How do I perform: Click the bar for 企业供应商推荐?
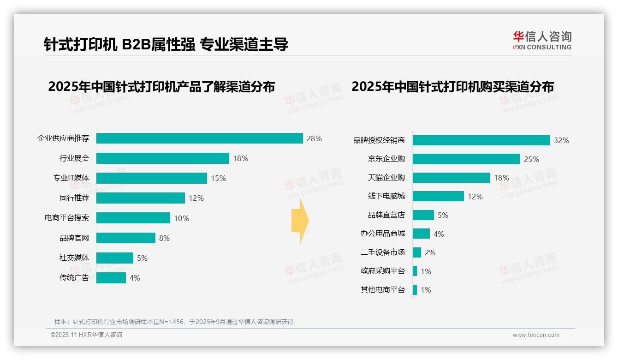[199, 138]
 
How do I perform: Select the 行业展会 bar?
[162, 158]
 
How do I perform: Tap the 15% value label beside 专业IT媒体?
[218, 178]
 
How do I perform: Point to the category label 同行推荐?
[74, 198]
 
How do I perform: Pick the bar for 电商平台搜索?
[133, 218]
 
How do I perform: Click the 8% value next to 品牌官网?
[164, 238]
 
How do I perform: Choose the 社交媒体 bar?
[114, 258]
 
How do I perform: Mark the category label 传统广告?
[74, 278]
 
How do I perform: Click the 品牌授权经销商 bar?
[481, 140]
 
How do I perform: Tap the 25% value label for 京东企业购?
[531, 159]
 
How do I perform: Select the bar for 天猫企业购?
[451, 178]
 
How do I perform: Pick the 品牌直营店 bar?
[423, 215]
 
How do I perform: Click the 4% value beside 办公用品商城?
[439, 234]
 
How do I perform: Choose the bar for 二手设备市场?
[416, 252]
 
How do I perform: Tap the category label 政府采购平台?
[382, 271]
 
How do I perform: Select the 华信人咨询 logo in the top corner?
[542, 40]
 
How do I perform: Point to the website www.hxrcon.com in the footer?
[536, 335]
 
